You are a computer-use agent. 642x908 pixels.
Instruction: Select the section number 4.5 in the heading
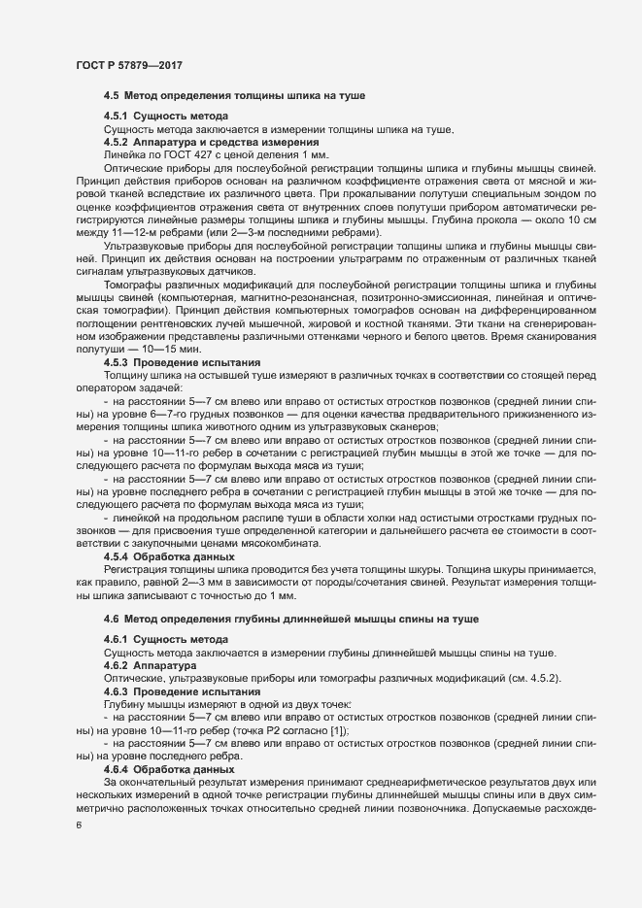pos(111,96)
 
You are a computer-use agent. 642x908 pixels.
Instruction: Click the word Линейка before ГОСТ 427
pos(123,154)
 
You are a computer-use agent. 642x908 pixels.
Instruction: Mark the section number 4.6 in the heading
pos(111,619)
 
